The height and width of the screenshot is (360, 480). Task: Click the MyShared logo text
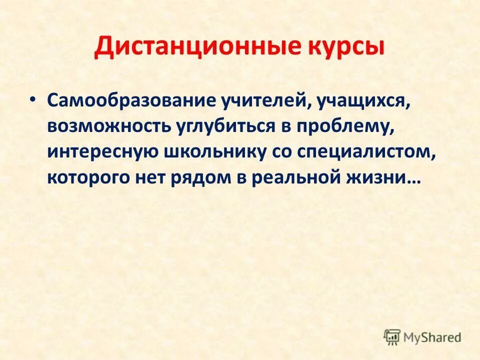click(432, 337)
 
